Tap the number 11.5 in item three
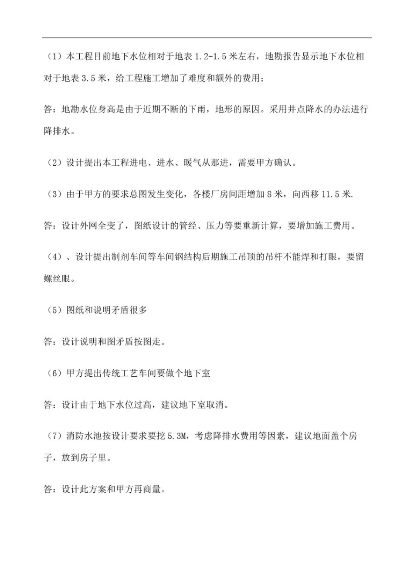pyautogui.click(x=331, y=194)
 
